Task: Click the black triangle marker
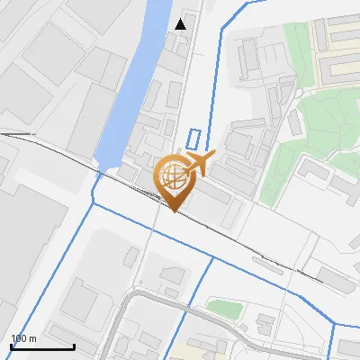(181, 23)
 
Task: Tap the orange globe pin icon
(177, 179)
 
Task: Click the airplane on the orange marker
(198, 164)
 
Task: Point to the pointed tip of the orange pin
(174, 211)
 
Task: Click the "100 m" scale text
(23, 338)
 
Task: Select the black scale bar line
(42, 346)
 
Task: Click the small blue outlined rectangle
(193, 139)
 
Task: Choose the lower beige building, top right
(340, 67)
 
